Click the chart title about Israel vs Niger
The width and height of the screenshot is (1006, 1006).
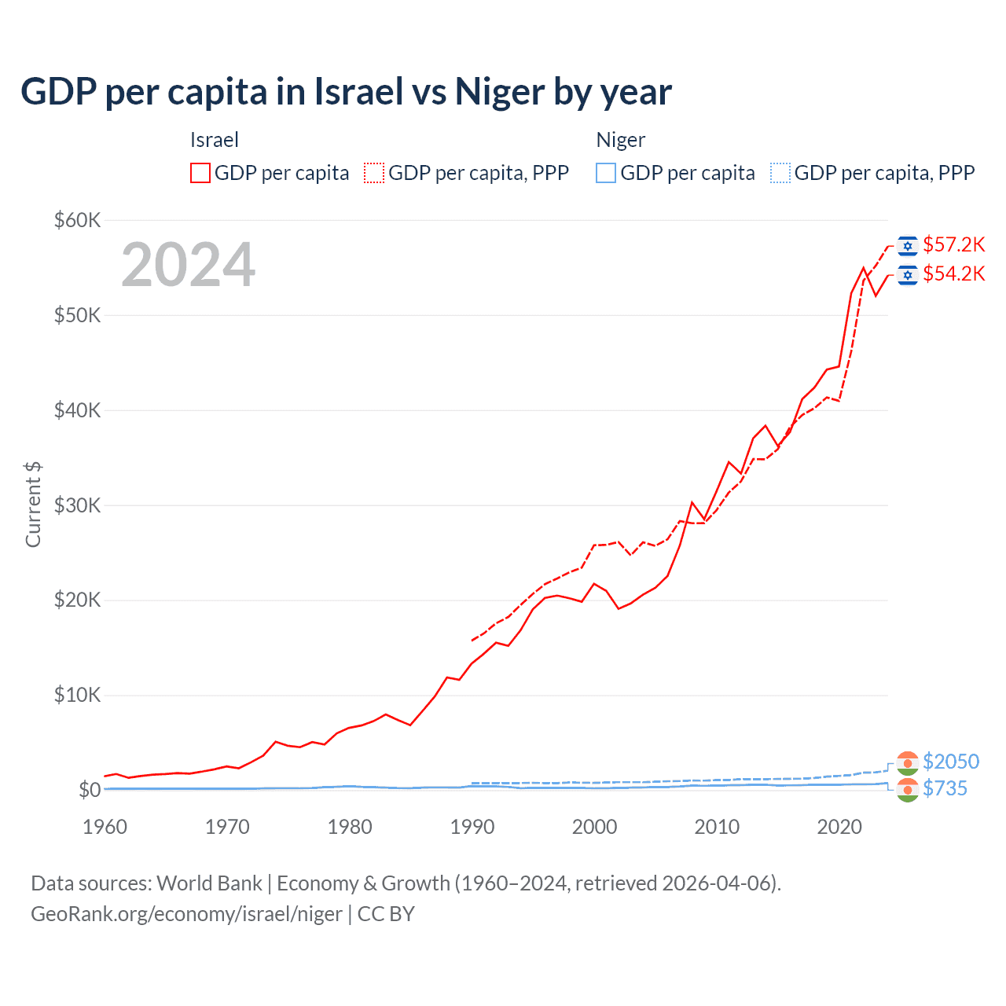point(346,92)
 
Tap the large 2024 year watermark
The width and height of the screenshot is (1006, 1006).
point(188,265)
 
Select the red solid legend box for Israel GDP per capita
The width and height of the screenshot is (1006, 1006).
point(200,173)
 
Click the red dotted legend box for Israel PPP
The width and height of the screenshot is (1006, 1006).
point(374,173)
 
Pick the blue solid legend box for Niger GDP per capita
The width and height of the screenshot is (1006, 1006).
point(606,173)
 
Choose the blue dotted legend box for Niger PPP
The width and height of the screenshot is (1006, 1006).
point(780,173)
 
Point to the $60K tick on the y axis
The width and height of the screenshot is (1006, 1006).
point(77,220)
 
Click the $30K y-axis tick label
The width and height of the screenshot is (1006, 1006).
point(77,505)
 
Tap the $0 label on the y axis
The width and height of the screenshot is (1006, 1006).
point(89,790)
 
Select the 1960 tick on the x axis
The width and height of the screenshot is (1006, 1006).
point(105,827)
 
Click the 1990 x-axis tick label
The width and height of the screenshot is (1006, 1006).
point(472,827)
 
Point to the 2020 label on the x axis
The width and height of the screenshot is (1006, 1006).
point(839,827)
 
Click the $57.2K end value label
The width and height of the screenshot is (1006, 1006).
point(953,245)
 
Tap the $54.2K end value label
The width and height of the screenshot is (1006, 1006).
point(953,274)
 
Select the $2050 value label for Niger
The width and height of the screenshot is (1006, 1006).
point(951,762)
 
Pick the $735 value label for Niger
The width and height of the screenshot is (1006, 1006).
point(945,788)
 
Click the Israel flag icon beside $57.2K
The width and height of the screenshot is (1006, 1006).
point(908,246)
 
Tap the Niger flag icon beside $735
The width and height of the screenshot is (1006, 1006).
point(908,790)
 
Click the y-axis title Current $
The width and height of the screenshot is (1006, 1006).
point(33,505)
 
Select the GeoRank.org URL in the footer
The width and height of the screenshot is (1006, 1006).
point(186,914)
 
